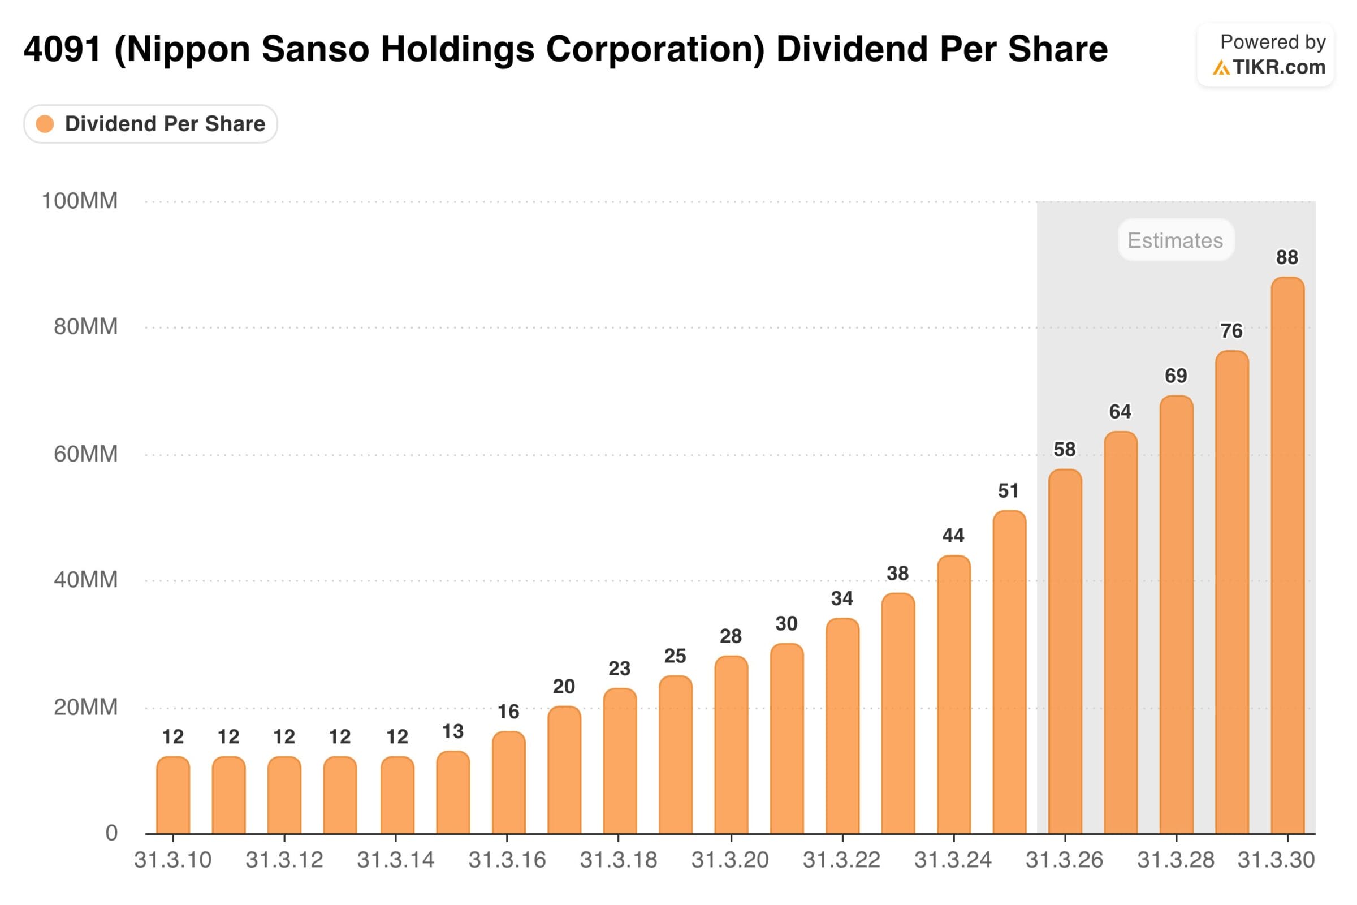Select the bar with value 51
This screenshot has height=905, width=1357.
click(x=1009, y=672)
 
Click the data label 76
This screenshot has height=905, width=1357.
click(x=1231, y=331)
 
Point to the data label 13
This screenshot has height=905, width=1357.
click(x=453, y=732)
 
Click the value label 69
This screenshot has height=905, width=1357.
click(x=1176, y=376)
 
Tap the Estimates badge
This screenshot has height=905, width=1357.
click(x=1176, y=240)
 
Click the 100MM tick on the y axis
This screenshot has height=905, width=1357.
click(x=80, y=201)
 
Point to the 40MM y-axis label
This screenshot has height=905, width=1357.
click(x=85, y=579)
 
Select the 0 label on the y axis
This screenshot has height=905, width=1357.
click(x=111, y=833)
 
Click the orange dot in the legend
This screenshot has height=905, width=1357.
click(x=45, y=124)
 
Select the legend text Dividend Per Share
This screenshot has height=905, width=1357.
click(x=165, y=124)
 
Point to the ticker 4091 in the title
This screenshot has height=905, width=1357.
click(x=62, y=49)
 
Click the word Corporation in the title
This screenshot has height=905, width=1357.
click(x=655, y=49)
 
